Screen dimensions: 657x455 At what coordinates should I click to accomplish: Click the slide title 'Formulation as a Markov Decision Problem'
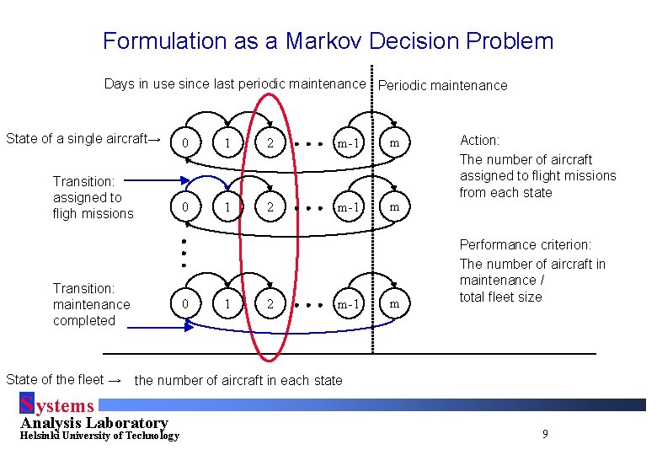pyautogui.click(x=328, y=40)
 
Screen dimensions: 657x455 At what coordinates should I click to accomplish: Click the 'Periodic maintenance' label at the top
pyautogui.click(x=443, y=85)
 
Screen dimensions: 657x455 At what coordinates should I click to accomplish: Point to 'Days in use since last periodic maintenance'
pyautogui.click(x=235, y=83)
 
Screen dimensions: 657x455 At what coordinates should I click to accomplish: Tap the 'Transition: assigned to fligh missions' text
pyautogui.click(x=93, y=197)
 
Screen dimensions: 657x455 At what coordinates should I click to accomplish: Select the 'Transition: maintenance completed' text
pyautogui.click(x=92, y=304)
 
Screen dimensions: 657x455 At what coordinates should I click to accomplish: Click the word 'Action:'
pyautogui.click(x=479, y=140)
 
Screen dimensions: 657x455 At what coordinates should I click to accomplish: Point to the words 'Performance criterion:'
pyautogui.click(x=526, y=245)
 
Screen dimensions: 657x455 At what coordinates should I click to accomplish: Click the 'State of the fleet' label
pyautogui.click(x=64, y=379)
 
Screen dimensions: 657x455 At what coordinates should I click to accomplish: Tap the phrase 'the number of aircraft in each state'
pyautogui.click(x=238, y=380)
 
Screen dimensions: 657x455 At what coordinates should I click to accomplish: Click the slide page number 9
pyautogui.click(x=545, y=434)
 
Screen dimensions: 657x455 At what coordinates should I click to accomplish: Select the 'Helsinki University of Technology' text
pyautogui.click(x=99, y=436)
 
